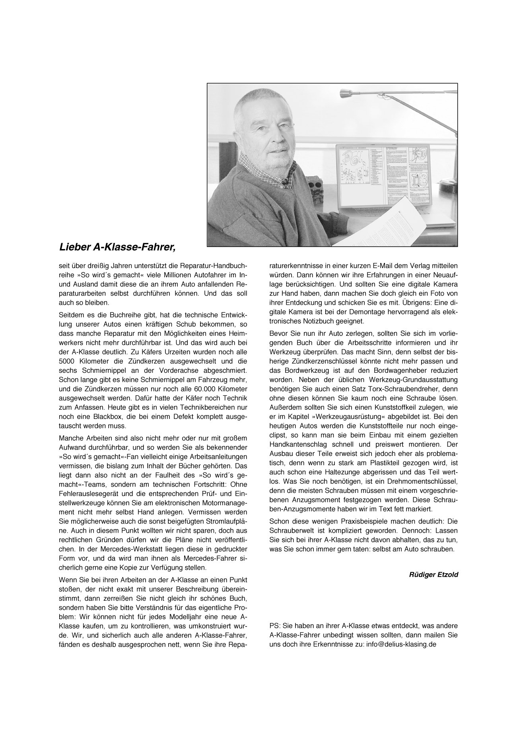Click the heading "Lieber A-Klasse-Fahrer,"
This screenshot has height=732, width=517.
pos(117,247)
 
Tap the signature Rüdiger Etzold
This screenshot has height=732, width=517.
pos(433,574)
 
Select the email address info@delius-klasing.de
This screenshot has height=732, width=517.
pos(402,643)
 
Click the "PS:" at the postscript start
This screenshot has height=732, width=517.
pos(274,625)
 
